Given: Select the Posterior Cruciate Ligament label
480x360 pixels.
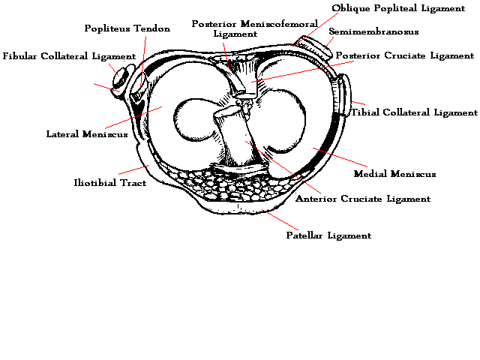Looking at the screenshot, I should click(405, 55).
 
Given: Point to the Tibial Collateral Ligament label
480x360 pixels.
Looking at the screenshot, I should click(414, 112).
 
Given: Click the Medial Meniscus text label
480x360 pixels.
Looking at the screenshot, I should click(394, 174).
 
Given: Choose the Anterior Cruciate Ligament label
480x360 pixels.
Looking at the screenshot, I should click(363, 199).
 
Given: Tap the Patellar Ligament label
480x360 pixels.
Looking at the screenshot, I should click(328, 235).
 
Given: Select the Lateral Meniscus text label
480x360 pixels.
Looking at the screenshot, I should click(76, 135).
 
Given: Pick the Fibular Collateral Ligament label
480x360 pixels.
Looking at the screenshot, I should click(69, 56).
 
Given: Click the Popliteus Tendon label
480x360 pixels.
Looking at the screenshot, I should click(127, 28).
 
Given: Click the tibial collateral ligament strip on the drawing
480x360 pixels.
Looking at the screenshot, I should click(346, 97).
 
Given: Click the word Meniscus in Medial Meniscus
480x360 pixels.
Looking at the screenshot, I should click(412, 174).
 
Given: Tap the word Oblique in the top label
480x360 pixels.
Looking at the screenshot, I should click(349, 8).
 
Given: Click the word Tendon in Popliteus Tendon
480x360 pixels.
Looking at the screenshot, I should click(152, 28).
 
